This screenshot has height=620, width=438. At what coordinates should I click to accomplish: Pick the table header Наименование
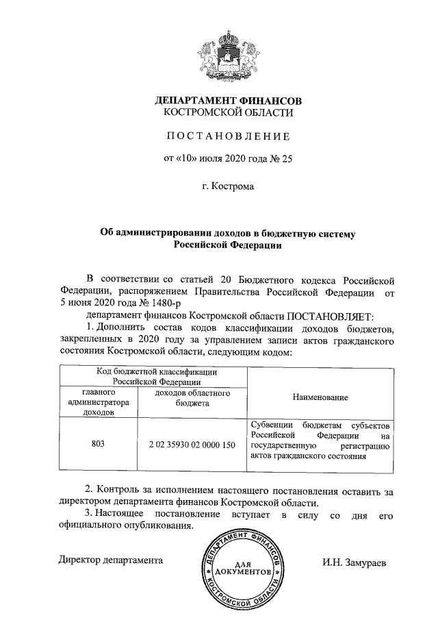pos(320,397)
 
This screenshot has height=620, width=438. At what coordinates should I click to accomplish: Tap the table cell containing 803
pos(98,445)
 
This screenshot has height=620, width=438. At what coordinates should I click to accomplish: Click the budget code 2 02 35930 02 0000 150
pos(191,445)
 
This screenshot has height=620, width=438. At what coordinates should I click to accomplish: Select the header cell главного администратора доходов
pos(99,403)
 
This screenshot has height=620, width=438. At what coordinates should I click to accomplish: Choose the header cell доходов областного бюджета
pos(191,398)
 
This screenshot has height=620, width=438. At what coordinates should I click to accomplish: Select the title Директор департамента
pos(110,560)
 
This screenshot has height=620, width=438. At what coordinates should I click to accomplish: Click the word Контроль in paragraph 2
pos(127,491)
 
